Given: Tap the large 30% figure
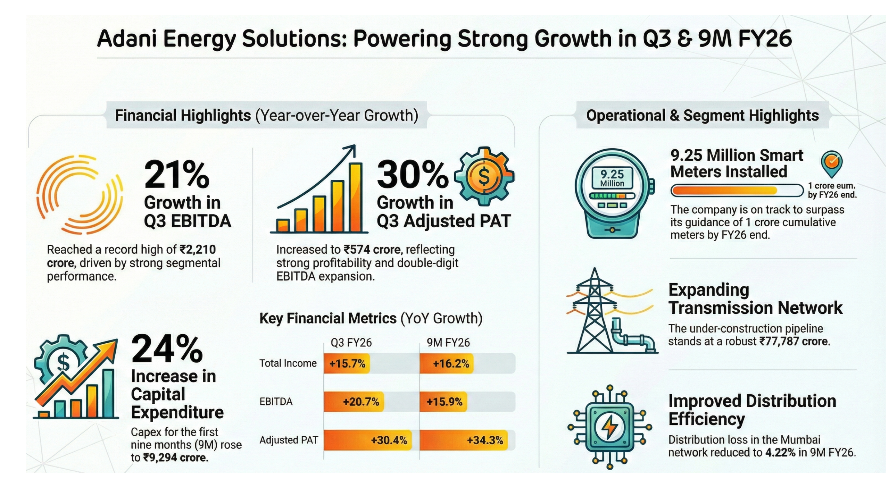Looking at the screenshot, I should coord(412,175).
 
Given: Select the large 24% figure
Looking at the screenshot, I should coord(167,350).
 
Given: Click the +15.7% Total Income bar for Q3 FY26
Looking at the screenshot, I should coord(347,363).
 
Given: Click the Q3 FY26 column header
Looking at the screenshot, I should coord(351,343).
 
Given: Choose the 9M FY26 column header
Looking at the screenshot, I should coord(448,343).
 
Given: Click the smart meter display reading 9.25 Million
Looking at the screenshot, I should coord(612,178).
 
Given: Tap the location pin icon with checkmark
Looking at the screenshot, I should coord(831,163).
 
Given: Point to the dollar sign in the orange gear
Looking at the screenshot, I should coord(484,176).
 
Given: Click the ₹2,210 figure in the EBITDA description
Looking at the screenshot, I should coord(198,250).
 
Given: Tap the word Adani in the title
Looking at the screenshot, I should coord(127,39).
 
